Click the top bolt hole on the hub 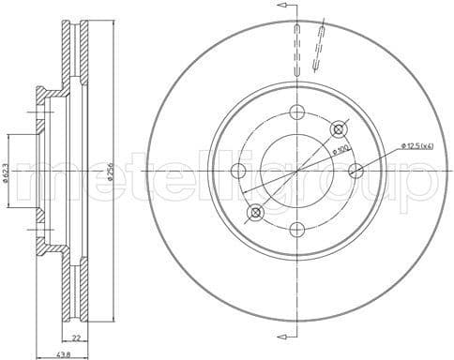[296, 112]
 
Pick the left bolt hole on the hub [237, 171]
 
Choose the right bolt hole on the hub [355, 171]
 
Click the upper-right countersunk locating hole [339, 128]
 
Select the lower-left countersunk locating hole [254, 213]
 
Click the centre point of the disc [296, 171]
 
